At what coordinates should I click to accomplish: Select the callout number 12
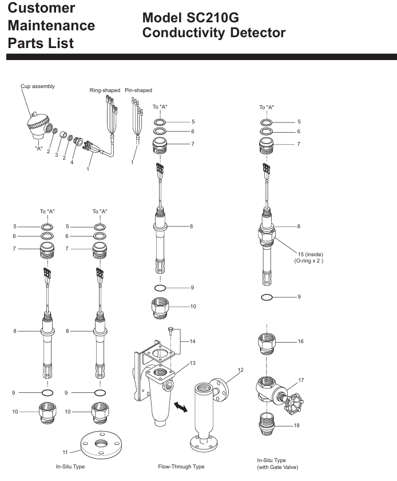(241, 370)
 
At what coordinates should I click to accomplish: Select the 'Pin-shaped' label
(138, 90)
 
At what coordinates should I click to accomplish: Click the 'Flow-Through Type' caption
(181, 467)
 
